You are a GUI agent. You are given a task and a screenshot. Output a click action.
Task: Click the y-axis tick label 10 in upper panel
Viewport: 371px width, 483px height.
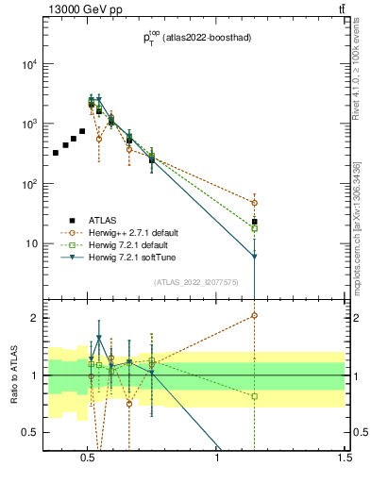[31, 242]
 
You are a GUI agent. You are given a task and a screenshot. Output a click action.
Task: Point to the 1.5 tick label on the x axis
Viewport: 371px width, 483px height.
[345, 458]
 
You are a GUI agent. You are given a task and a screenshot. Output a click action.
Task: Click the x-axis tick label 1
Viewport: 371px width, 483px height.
[217, 458]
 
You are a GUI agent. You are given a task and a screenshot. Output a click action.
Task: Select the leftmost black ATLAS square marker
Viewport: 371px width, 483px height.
[56, 152]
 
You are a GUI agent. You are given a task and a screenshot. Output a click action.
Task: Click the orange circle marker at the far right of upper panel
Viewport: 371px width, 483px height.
[254, 203]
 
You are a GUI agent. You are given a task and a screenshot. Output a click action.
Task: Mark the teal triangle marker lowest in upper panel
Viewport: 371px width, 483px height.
[254, 256]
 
